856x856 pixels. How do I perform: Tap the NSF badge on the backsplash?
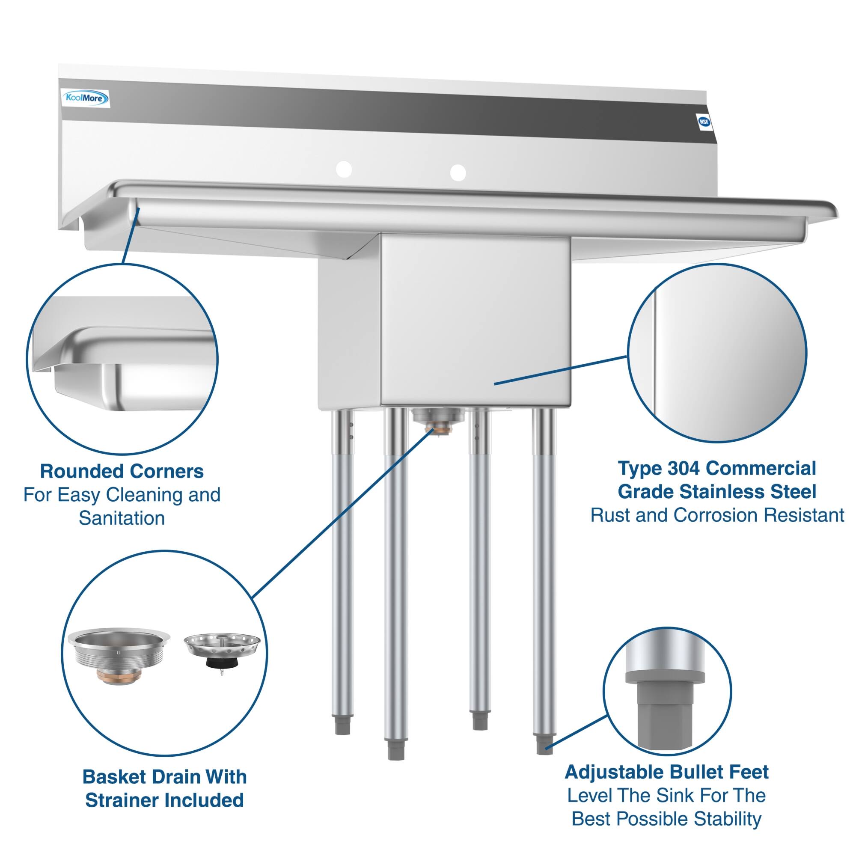pyautogui.click(x=704, y=122)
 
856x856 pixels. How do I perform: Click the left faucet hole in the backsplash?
pyautogui.click(x=344, y=169)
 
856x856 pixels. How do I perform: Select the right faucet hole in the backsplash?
pyautogui.click(x=458, y=172)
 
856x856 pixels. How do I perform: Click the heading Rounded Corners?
pyautogui.click(x=122, y=471)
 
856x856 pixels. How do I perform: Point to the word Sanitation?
pyautogui.click(x=122, y=518)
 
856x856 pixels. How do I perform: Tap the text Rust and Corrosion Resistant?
pyautogui.click(x=717, y=515)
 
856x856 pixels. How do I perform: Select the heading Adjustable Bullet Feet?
pyautogui.click(x=666, y=772)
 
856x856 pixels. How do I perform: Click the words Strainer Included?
pyautogui.click(x=164, y=800)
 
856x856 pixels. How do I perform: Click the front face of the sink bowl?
pyautogui.click(x=474, y=319)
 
